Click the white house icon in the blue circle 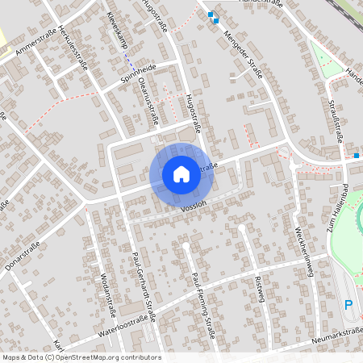181,173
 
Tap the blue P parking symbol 348,305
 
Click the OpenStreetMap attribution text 81,357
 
